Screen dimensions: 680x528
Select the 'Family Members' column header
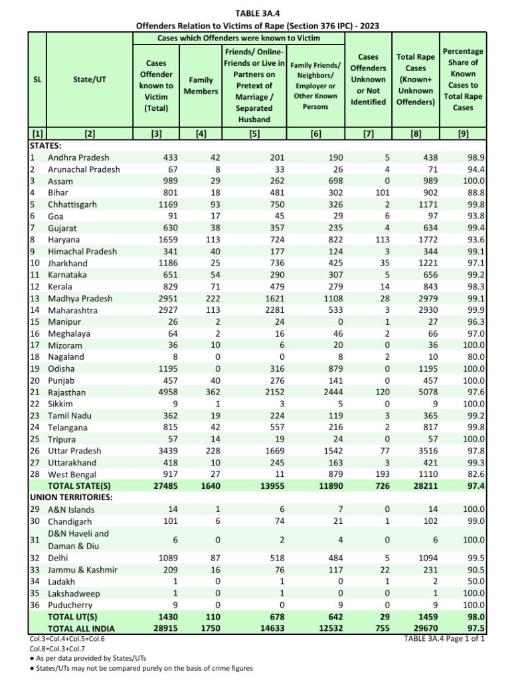coord(201,84)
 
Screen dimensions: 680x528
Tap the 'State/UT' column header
coord(90,79)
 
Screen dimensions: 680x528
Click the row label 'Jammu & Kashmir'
coord(82,570)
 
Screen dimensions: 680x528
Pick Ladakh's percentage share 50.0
coord(473,582)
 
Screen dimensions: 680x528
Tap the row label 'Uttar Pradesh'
coord(76,450)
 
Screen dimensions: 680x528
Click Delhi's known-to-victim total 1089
coord(160,558)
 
